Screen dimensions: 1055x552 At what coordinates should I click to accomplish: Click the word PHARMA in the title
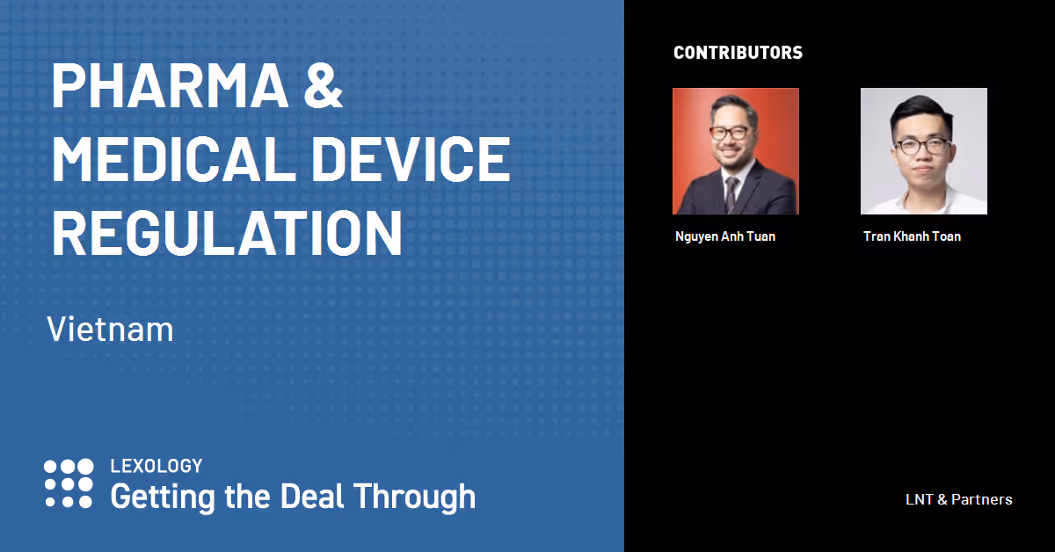pyautogui.click(x=170, y=86)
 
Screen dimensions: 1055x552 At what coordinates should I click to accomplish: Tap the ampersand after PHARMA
pyautogui.click(x=324, y=86)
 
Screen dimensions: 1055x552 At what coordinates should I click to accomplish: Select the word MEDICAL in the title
pyautogui.click(x=174, y=159)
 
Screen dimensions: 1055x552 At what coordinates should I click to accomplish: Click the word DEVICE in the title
pyautogui.click(x=411, y=159)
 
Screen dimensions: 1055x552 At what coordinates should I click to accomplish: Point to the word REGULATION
pyautogui.click(x=227, y=232)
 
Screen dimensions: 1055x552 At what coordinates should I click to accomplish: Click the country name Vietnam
pyautogui.click(x=110, y=329)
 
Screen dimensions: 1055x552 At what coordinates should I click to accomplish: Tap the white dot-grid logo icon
pyautogui.click(x=69, y=483)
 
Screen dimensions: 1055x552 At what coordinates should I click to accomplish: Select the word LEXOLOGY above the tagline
pyautogui.click(x=156, y=466)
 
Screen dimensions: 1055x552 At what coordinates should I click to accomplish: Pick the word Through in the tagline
pyautogui.click(x=415, y=498)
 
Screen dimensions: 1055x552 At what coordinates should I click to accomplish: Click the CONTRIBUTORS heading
pyautogui.click(x=738, y=52)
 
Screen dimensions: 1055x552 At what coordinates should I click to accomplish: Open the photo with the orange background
pyautogui.click(x=736, y=151)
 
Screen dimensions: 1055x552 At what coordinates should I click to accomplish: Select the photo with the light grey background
pyautogui.click(x=924, y=151)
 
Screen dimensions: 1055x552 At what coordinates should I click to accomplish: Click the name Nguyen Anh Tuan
pyautogui.click(x=725, y=236)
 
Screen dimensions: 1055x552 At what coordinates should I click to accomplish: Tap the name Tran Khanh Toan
pyautogui.click(x=913, y=236)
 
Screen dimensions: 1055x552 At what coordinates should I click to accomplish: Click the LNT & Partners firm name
pyautogui.click(x=959, y=499)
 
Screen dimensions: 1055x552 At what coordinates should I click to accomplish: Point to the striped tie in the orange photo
pyautogui.click(x=731, y=193)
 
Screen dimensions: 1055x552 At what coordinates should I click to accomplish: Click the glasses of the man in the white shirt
pyautogui.click(x=922, y=146)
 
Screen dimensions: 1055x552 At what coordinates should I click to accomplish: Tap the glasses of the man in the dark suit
pyautogui.click(x=730, y=133)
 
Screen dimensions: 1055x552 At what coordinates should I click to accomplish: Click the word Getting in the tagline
pyautogui.click(x=164, y=498)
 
